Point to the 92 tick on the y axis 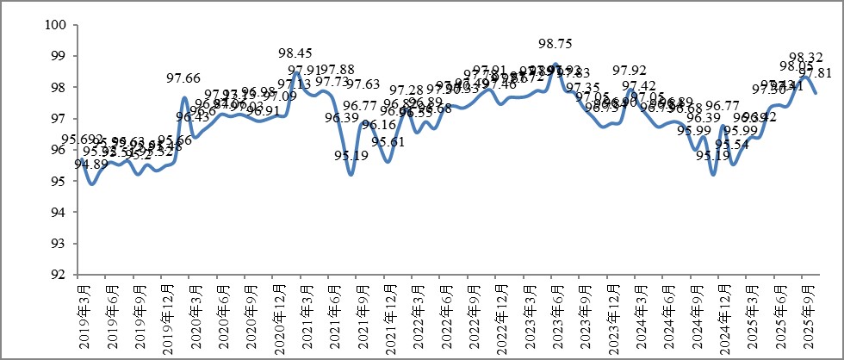59,275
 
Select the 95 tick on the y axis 59,181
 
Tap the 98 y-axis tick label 59,87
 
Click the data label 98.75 555,43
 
